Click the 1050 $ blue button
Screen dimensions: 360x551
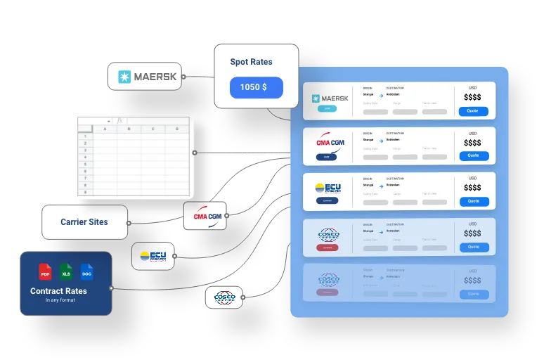[x=256, y=87]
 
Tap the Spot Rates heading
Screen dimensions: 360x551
[x=251, y=62]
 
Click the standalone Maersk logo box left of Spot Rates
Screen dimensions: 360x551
[x=145, y=77]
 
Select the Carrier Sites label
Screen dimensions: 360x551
[x=84, y=222]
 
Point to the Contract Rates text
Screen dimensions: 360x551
[x=58, y=291]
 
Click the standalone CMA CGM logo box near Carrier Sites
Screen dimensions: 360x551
[x=207, y=216]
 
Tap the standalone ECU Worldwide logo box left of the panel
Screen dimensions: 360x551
[x=153, y=256]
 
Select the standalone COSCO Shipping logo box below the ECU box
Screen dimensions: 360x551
[x=223, y=297]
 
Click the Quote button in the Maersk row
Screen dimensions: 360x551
[x=473, y=110]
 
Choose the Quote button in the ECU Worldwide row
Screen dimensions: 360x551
[x=473, y=201]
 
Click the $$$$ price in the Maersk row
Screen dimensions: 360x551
[x=472, y=98]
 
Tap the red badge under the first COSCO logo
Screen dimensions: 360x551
[x=327, y=247]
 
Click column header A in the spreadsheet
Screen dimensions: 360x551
[x=105, y=129]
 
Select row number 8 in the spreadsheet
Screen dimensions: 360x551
[x=84, y=191]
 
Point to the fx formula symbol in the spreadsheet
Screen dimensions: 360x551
[x=119, y=121]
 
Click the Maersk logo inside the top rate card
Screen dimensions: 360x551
[x=330, y=98]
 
